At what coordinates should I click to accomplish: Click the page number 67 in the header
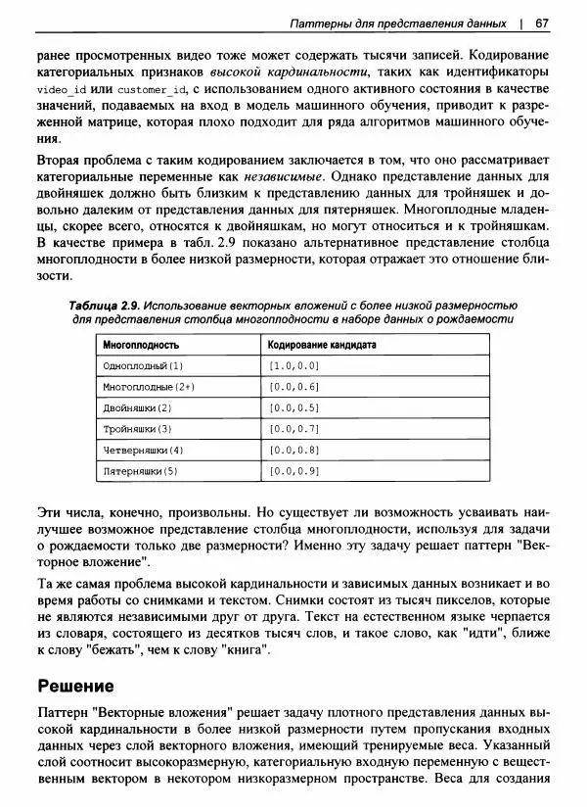(x=541, y=23)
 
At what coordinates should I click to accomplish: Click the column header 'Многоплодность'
(x=141, y=346)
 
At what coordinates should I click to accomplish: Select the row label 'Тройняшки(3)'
(x=137, y=429)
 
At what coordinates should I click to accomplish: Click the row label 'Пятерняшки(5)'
(x=140, y=471)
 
